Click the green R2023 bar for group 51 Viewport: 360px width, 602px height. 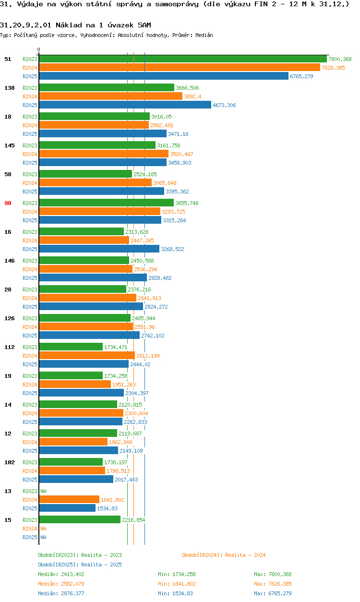point(183,59)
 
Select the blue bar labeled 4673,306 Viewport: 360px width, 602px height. point(125,105)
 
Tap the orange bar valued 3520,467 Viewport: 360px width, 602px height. point(104,154)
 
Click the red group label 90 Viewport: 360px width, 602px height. point(8,203)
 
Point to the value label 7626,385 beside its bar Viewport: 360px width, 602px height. point(333,68)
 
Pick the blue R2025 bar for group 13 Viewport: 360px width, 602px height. point(67,508)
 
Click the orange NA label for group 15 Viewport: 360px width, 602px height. point(43,529)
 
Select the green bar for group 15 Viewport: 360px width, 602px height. point(80,519)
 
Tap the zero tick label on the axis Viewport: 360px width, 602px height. point(39,49)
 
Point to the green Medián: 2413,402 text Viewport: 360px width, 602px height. point(61,574)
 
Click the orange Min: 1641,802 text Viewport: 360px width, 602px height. point(177,584)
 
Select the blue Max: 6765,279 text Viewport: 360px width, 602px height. point(273,593)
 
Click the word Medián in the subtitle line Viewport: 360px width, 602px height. point(204,35)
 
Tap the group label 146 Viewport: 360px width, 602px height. point(10,261)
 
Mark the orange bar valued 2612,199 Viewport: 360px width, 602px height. point(87,355)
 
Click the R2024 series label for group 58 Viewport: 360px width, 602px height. point(30,183)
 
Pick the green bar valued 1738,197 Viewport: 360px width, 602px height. point(71,462)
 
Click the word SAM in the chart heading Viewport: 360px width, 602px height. point(144,25)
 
